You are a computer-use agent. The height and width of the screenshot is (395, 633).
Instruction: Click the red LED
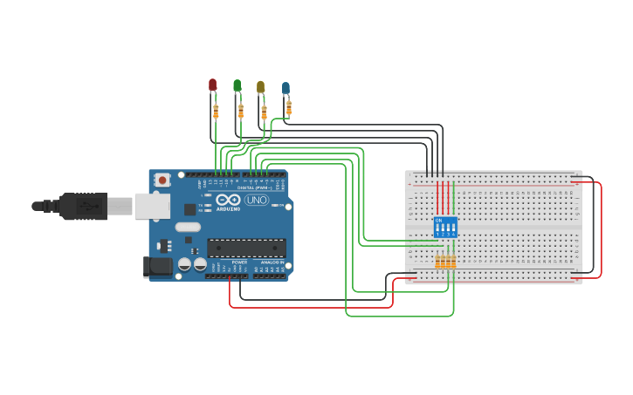coord(212,85)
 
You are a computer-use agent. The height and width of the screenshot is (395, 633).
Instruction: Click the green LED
coord(237,85)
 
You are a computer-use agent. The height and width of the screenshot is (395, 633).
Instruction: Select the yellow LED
coord(260,87)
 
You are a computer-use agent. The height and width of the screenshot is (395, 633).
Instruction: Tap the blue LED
coord(286,88)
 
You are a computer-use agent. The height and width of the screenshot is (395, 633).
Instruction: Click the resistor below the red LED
coord(216,111)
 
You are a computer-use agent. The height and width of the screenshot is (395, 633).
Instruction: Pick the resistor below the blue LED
coord(289,107)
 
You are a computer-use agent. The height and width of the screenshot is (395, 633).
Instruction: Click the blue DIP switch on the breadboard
coord(445,228)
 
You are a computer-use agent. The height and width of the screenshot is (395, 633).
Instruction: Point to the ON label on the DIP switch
coord(438,220)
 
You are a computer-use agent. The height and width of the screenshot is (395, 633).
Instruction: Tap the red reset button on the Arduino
coord(162,180)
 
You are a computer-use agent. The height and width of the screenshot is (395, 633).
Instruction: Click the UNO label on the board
coord(257,200)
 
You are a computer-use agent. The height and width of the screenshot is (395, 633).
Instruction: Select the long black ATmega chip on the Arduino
coord(246,248)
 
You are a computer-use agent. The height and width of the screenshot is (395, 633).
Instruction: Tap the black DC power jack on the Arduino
coord(159,266)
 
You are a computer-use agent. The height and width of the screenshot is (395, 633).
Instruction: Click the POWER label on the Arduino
coord(239,262)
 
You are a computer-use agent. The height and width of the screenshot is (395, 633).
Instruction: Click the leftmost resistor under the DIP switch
coord(438,262)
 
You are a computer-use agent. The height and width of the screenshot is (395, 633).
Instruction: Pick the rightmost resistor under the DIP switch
coord(453,262)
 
